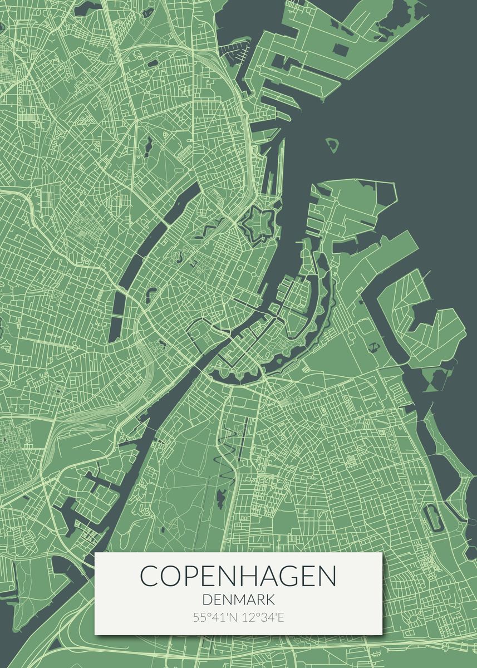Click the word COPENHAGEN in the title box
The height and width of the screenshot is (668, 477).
coord(238,576)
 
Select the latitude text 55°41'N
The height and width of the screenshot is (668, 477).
coord(214,617)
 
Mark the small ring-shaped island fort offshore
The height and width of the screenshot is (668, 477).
coord(333,145)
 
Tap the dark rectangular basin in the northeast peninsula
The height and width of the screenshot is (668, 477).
coord(341,50)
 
